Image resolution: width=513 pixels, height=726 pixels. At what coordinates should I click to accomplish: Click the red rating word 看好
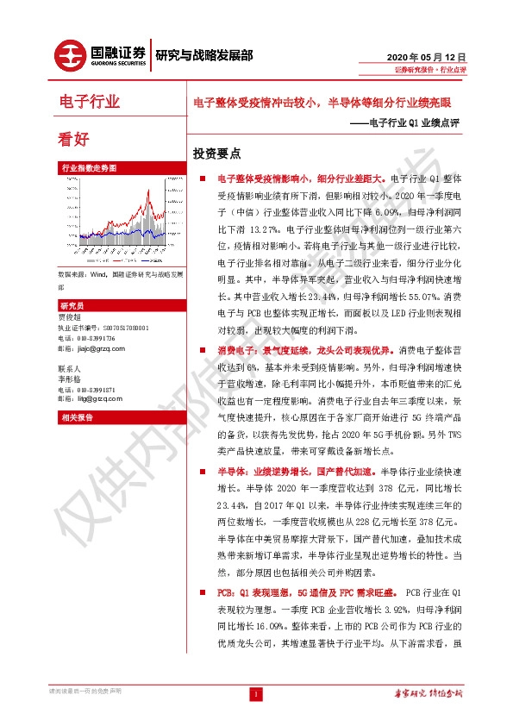pyautogui.click(x=72, y=138)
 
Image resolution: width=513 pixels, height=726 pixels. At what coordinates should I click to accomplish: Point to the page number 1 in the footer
pyautogui.click(x=256, y=694)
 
